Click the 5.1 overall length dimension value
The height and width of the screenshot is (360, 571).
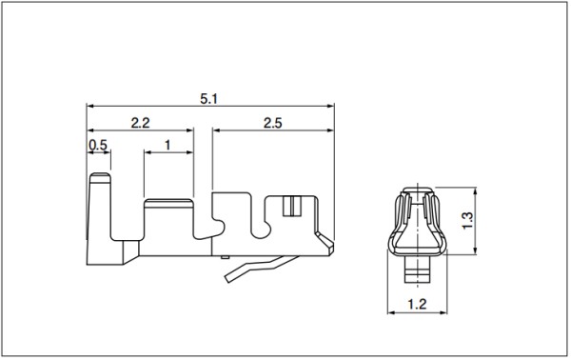208,99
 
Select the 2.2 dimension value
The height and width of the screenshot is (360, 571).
140,123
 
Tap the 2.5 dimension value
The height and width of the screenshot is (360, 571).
273,123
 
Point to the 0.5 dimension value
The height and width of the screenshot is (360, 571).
98,145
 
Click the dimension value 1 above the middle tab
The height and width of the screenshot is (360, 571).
167,145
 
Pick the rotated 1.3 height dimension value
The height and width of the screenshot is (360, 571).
467,220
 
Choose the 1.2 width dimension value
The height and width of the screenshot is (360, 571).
417,304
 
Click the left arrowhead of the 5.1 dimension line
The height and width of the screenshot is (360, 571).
90,107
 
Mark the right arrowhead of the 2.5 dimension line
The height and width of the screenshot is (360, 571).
330,130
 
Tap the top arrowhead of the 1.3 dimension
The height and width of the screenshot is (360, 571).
475,191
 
